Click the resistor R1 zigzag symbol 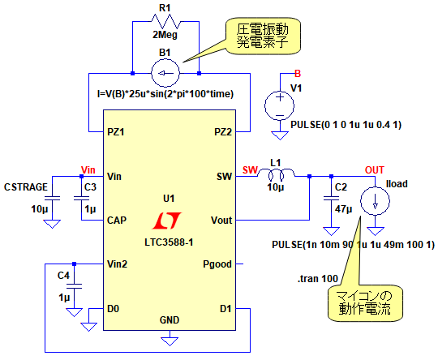click(165, 22)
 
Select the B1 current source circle click(165, 73)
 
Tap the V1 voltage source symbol click(279, 106)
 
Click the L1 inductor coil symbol click(276, 174)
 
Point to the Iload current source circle click(375, 201)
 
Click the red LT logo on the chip click(167, 221)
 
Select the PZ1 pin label click(116, 132)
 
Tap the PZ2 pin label click(223, 132)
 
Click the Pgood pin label click(217, 264)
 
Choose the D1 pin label click(225, 309)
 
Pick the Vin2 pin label click(117, 264)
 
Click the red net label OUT click(375, 169)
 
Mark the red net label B click(298, 74)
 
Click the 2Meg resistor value click(165, 35)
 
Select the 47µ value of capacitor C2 click(343, 209)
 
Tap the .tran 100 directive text click(318, 278)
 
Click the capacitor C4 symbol click(74, 286)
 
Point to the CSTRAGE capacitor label click(26, 186)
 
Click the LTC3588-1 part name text click(169, 242)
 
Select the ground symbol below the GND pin click(170, 341)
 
